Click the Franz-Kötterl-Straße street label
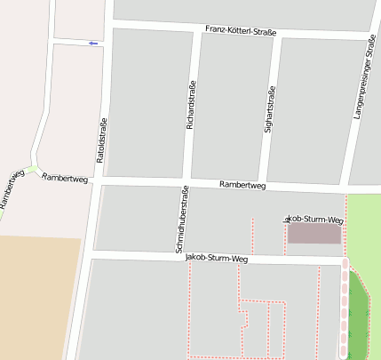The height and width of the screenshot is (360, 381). [x=241, y=31]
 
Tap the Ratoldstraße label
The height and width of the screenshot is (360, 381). [x=102, y=140]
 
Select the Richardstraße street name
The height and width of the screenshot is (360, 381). [x=189, y=106]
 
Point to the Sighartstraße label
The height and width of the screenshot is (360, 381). [x=270, y=109]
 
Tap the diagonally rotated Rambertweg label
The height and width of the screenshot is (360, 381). [x=10, y=190]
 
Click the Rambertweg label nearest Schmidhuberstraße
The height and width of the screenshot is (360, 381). [x=242, y=186]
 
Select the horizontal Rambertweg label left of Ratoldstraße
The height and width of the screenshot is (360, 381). [x=65, y=178]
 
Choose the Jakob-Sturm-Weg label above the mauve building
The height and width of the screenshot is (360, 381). [x=313, y=219]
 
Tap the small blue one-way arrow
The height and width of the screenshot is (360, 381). [x=93, y=43]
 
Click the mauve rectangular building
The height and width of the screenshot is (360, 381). [x=314, y=234]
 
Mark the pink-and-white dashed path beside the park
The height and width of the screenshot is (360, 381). [x=345, y=311]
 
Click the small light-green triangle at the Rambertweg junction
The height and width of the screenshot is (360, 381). [x=34, y=168]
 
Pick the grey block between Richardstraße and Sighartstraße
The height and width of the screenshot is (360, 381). [x=232, y=107]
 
